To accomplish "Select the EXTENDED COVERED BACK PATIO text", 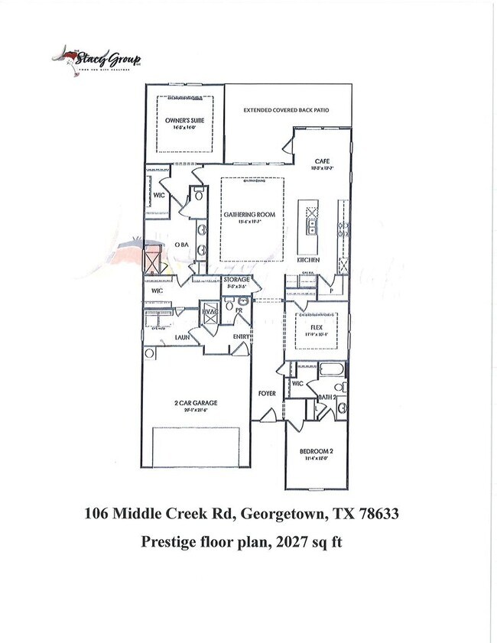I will tap(286, 110).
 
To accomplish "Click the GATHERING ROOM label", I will tap(245, 215).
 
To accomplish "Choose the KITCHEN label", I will tap(308, 260).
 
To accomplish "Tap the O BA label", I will tap(181, 244).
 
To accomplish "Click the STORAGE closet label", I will tap(237, 280).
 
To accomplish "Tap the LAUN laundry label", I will tap(182, 336).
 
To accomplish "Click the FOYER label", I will tap(267, 393).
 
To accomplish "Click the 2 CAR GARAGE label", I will tap(196, 402).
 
